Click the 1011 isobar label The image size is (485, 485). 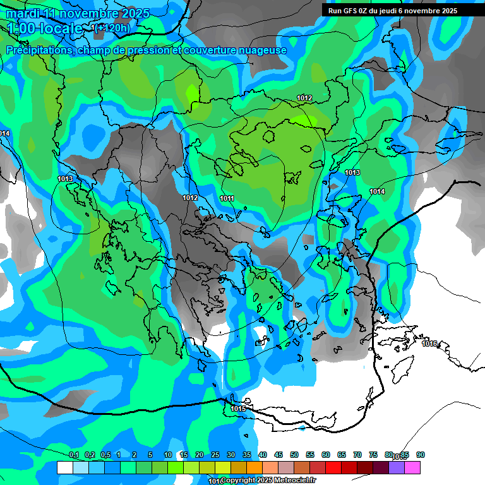pos(227,198)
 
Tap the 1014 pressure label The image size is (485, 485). pos(377,191)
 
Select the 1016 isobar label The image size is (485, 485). pos(429,344)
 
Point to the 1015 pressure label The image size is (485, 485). pos(238,409)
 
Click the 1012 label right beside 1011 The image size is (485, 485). pos(190,198)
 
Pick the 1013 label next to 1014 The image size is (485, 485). pos(352,172)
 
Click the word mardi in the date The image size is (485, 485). pos(22,13)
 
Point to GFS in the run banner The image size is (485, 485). pos(350,10)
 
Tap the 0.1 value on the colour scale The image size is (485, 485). pos(74,455)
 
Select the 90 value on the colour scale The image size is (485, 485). pos(421,455)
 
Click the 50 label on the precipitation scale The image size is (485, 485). pos(294,455)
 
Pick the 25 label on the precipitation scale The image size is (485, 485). pos(215,455)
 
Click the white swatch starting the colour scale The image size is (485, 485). pos(64,467)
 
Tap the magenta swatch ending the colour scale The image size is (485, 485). pos(412,467)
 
